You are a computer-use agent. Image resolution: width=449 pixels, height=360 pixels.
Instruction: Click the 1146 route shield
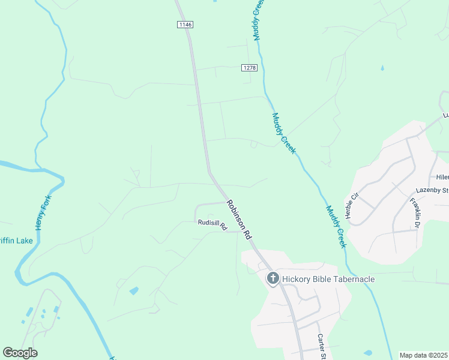pos(185,24)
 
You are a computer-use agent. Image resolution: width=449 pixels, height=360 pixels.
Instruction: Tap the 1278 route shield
pos(250,68)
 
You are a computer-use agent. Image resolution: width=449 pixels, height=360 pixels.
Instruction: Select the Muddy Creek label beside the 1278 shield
pos(258,21)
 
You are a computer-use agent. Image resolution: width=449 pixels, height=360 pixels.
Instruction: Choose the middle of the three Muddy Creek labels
pos(283,133)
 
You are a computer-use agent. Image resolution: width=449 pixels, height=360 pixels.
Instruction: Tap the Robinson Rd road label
pos(239,220)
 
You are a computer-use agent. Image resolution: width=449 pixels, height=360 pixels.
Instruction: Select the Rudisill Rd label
pos(211,224)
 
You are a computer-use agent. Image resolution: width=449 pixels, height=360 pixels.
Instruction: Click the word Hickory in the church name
pos(300,279)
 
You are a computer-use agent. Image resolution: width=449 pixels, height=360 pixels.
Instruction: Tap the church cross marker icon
pos(273,278)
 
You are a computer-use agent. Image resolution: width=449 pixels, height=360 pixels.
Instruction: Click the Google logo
pos(20,353)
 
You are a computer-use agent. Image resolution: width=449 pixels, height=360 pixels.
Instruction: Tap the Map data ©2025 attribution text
pos(423,355)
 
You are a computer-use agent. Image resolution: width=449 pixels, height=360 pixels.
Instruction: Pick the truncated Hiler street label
pos(442,177)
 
